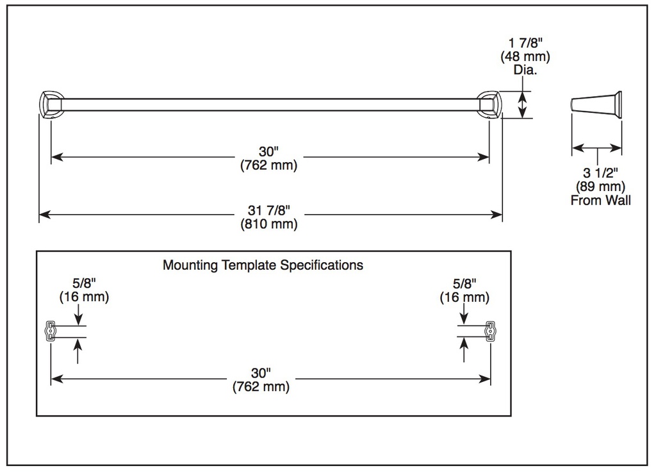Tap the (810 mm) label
click(268, 224)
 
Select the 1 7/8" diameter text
click(525, 43)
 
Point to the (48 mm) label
click(525, 56)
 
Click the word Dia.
click(525, 70)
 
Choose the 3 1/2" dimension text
click(600, 172)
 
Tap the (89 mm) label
click(600, 187)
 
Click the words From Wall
click(600, 200)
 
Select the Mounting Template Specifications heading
click(263, 265)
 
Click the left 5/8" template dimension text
click(84, 283)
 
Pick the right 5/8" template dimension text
click(464, 284)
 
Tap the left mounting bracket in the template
click(50, 331)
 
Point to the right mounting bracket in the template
click(490, 331)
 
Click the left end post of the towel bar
click(50, 105)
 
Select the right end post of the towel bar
click(490, 105)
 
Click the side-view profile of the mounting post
click(596, 105)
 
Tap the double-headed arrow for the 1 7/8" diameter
click(522, 104)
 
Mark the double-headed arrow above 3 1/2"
click(596, 148)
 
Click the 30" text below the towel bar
click(268, 151)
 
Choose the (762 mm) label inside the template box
click(261, 386)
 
